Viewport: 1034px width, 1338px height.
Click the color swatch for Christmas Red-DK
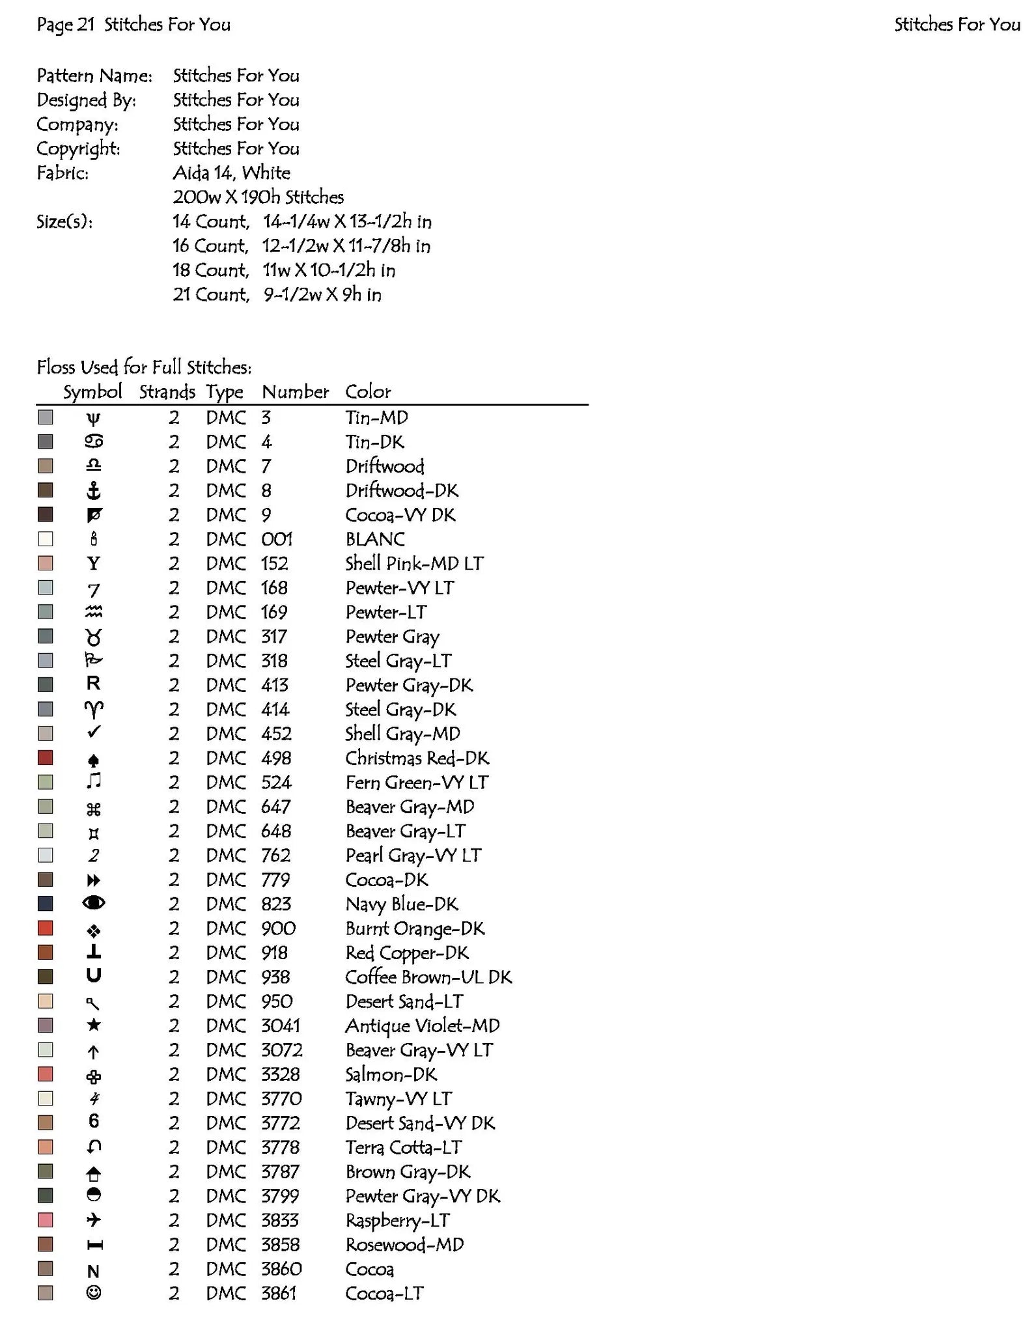click(x=45, y=758)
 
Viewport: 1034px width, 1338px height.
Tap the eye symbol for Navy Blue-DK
click(x=94, y=903)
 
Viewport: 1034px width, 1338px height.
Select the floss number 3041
click(x=281, y=1025)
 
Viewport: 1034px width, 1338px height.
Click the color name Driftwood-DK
click(x=402, y=490)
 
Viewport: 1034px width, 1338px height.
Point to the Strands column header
click(x=167, y=391)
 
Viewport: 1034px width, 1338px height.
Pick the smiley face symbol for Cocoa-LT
click(x=94, y=1292)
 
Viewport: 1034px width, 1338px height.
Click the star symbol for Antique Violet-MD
click(x=94, y=1025)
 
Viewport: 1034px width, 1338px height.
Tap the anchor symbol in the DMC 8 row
click(x=94, y=490)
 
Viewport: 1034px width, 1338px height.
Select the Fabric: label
click(x=63, y=173)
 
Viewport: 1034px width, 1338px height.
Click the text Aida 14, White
click(x=231, y=173)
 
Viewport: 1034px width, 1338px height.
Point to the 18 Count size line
click(x=283, y=270)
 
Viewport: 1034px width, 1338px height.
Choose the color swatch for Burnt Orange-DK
click(x=45, y=928)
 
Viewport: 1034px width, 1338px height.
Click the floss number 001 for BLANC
click(x=277, y=539)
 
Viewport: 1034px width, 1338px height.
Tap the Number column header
click(x=295, y=391)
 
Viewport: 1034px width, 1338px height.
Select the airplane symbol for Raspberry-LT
click(x=94, y=1220)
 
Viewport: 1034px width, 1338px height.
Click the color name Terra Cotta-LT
click(x=404, y=1147)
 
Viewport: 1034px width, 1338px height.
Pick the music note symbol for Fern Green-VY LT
click(x=94, y=781)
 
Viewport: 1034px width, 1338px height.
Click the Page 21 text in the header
click(x=66, y=25)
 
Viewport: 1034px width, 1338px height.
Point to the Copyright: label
click(x=78, y=148)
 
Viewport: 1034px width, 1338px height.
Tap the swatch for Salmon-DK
click(x=45, y=1074)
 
